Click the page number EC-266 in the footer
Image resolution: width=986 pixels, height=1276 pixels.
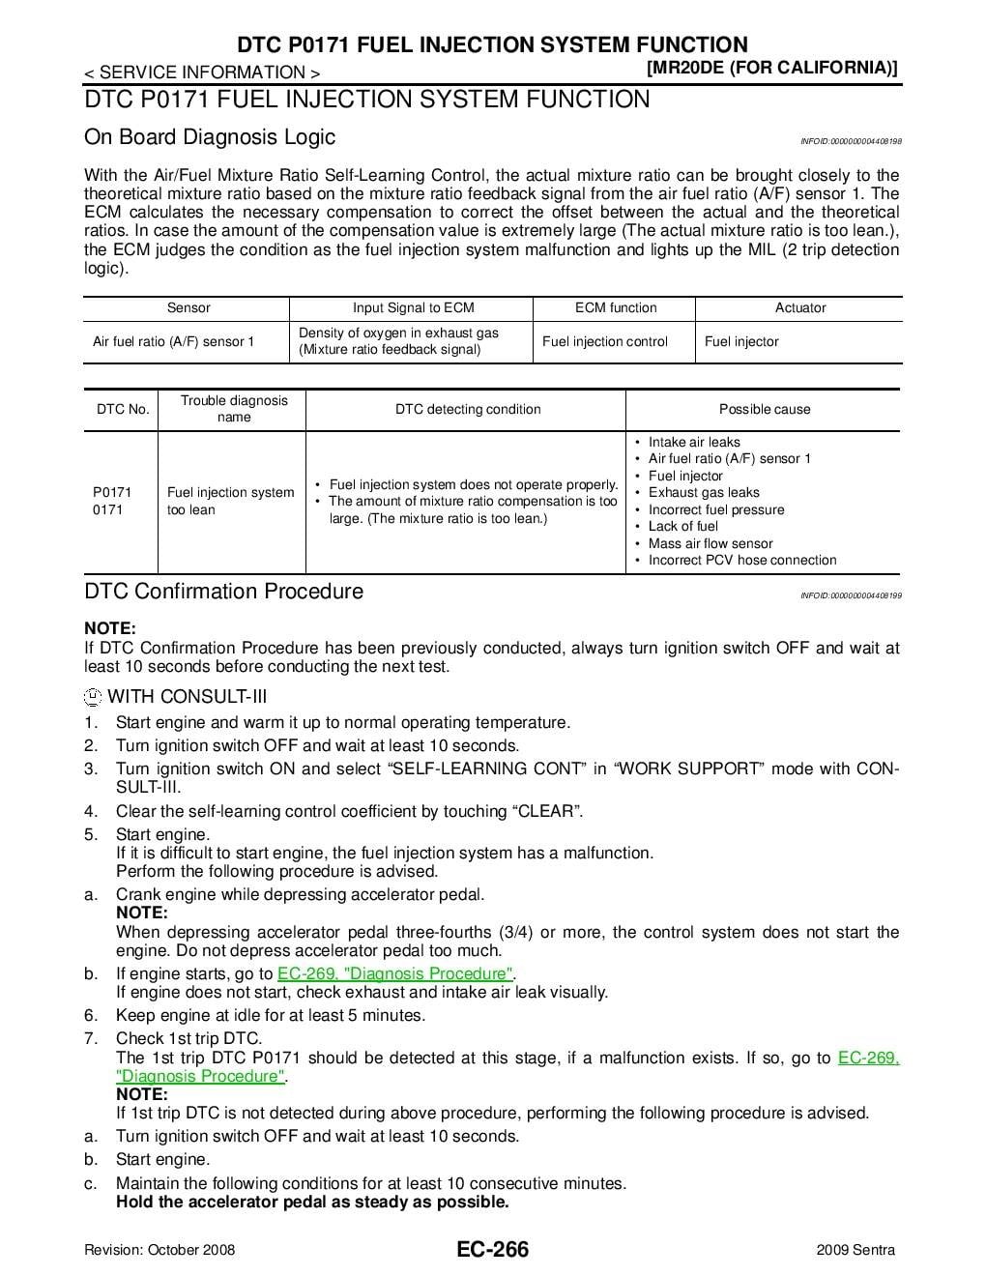[x=493, y=1250]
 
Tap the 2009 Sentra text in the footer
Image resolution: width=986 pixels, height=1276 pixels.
[x=855, y=1250]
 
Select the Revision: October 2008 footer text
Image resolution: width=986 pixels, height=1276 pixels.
[x=159, y=1250]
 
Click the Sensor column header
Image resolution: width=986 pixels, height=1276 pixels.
[x=188, y=308]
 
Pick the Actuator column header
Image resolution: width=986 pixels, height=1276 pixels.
[x=800, y=308]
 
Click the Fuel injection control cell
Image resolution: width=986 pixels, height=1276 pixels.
[x=605, y=342]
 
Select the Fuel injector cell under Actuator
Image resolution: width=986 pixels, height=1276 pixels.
[x=741, y=342]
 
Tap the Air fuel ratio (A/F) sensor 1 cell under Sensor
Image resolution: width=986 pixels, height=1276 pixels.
[x=174, y=342]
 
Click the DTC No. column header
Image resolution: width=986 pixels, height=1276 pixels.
[x=123, y=410]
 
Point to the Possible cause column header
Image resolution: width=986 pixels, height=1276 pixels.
[x=765, y=410]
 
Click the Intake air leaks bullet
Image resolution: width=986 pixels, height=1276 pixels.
[x=694, y=442]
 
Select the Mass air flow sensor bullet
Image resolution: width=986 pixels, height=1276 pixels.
[x=710, y=543]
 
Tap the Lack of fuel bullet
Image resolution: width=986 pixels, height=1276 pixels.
[x=683, y=526]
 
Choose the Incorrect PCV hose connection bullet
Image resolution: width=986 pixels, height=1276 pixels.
[x=742, y=561]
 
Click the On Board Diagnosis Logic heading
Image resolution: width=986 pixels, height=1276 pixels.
[x=210, y=137]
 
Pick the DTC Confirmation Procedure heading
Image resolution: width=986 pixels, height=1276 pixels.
[x=224, y=592]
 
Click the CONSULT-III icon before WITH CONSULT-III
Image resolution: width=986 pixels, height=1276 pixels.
[x=93, y=698]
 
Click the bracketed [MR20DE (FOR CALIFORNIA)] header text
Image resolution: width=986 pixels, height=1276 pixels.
[x=771, y=68]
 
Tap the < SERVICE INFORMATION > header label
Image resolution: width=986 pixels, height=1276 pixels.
[x=202, y=72]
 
